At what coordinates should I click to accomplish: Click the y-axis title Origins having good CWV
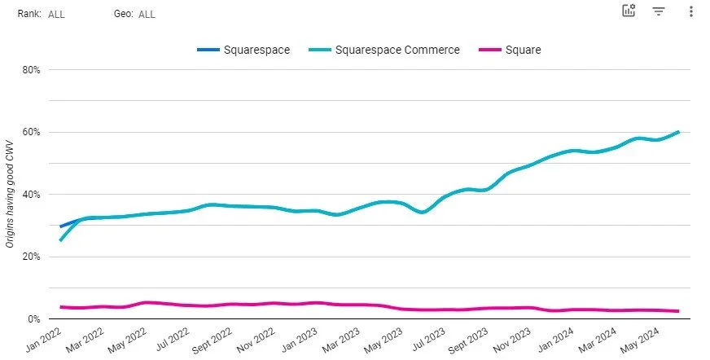(10, 194)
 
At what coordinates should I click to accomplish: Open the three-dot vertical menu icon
(690, 11)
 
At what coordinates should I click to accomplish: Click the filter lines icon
(659, 11)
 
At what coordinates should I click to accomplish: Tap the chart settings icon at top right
(629, 11)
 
